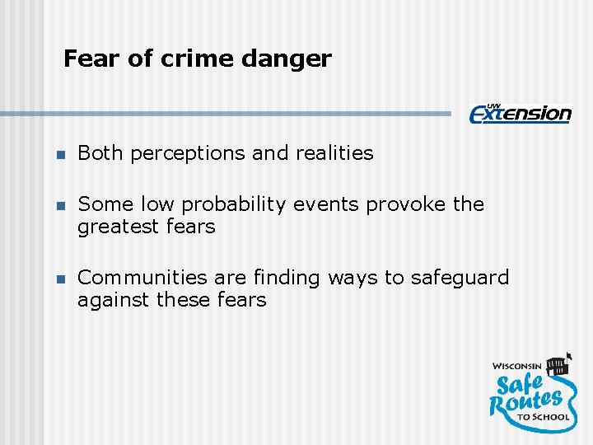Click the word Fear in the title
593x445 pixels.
point(86,59)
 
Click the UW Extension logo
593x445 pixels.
point(520,113)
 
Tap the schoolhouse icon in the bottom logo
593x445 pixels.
point(558,363)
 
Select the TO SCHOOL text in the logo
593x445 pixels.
point(544,417)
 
